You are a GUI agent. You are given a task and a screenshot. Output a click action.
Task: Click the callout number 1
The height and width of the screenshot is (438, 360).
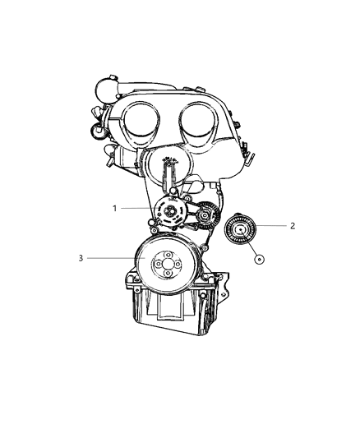[114, 208]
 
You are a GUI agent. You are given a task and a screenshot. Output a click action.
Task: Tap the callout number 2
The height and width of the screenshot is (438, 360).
[292, 225]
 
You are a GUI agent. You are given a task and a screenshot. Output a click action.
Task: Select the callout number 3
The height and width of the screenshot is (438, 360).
[81, 258]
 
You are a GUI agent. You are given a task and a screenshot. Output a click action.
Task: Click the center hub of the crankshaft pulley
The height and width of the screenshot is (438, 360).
[166, 263]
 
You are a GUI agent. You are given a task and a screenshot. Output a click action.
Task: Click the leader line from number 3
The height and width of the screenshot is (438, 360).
[115, 258]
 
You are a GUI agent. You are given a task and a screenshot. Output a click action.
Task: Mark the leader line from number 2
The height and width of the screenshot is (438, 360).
[271, 225]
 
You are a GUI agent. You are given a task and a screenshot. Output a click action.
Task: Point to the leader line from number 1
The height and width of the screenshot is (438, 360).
[140, 209]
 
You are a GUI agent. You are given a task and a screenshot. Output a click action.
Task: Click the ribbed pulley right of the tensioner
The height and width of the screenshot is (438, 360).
[204, 215]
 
